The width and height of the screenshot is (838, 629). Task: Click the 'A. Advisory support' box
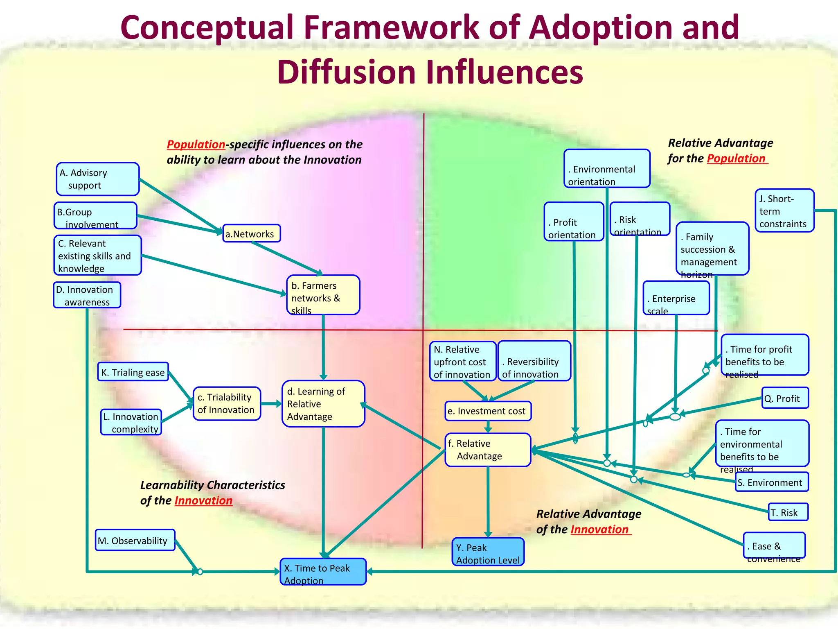pos(98,179)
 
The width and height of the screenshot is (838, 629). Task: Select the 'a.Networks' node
pos(251,233)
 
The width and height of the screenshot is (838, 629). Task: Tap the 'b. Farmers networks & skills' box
pos(323,295)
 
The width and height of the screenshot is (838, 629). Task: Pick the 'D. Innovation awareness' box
pos(87,295)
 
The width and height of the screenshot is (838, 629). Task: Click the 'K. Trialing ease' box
pos(133,372)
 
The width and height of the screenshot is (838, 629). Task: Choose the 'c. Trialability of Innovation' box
pos(227,403)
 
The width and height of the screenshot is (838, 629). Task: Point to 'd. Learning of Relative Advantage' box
pos(323,404)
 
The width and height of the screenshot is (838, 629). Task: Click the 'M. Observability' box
pos(135,540)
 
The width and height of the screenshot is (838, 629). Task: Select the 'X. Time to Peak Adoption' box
pos(323,572)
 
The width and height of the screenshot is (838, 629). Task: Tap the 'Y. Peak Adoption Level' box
pos(488,552)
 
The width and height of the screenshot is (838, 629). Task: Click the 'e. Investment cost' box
pos(488,411)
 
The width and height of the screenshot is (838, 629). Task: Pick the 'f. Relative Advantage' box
pos(488,450)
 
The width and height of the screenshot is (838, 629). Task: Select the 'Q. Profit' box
pos(785,398)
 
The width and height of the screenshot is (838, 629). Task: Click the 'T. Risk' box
pos(788,512)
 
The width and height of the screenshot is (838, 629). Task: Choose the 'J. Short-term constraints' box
pos(784,210)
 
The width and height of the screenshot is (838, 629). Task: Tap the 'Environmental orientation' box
pos(606,169)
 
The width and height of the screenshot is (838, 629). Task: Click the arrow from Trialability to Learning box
pos(271,404)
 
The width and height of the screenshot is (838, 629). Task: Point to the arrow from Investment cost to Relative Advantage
pos(488,427)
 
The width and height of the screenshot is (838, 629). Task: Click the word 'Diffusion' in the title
pos(346,72)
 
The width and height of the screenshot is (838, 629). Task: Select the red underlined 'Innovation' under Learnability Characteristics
pos(203,500)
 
